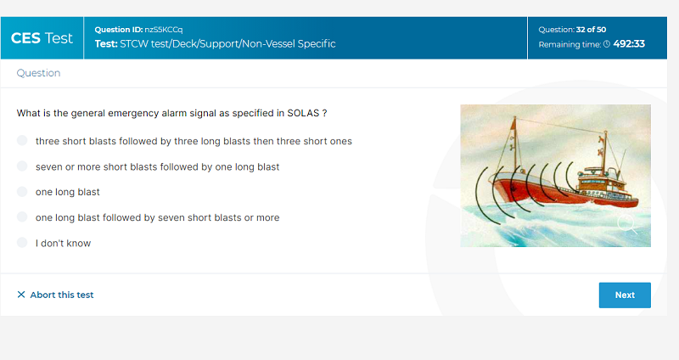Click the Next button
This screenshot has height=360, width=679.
[x=625, y=295]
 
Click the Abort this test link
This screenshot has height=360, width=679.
[x=61, y=295]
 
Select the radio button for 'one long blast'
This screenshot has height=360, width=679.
[x=22, y=192]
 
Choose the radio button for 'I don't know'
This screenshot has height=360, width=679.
[x=22, y=243]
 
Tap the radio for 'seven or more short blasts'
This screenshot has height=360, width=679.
[x=22, y=166]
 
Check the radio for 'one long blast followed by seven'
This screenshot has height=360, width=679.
[x=22, y=217]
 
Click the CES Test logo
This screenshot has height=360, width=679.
[x=42, y=38]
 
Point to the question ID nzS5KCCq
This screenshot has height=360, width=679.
[x=163, y=30]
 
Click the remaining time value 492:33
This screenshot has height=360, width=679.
[x=629, y=44]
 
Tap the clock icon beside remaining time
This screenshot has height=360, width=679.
[x=607, y=44]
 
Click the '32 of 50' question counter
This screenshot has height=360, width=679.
[x=591, y=30]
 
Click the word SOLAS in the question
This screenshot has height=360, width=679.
[x=303, y=113]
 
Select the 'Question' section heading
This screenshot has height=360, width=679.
[x=38, y=73]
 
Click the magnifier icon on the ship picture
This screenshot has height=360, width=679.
[x=627, y=225]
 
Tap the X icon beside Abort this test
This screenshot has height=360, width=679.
[x=20, y=295]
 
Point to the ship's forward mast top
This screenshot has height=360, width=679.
[x=515, y=118]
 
